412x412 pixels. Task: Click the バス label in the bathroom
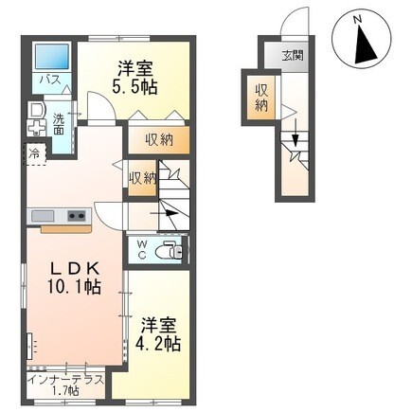pyautogui.click(x=46, y=81)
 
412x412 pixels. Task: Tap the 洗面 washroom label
pyautogui.click(x=59, y=122)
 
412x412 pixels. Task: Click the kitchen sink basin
pyautogui.click(x=45, y=217)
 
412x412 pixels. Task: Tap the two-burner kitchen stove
pyautogui.click(x=76, y=217)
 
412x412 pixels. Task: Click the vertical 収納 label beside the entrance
pyautogui.click(x=260, y=97)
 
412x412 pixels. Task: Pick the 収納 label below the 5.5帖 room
pyautogui.click(x=159, y=140)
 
